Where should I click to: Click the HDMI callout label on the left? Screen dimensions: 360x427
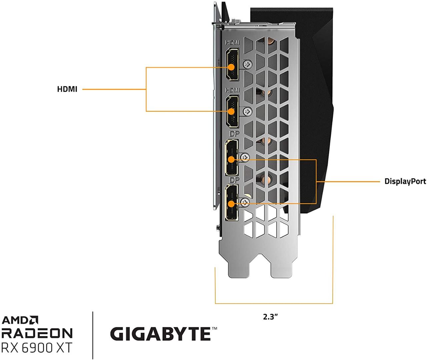coord(67,89)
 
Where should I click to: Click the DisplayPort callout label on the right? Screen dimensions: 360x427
coord(405,181)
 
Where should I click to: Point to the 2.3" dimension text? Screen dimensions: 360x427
coord(270,317)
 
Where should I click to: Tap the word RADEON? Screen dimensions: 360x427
coord(37,333)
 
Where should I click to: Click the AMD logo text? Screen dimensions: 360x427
coord(20,320)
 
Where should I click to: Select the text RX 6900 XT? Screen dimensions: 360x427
coord(37,348)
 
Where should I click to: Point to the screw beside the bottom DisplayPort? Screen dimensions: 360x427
coord(245,201)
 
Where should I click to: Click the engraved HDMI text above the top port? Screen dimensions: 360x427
coord(232,43)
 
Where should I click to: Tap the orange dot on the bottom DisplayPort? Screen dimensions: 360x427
coord(231,203)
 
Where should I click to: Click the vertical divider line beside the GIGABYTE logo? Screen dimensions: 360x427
coord(92,335)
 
